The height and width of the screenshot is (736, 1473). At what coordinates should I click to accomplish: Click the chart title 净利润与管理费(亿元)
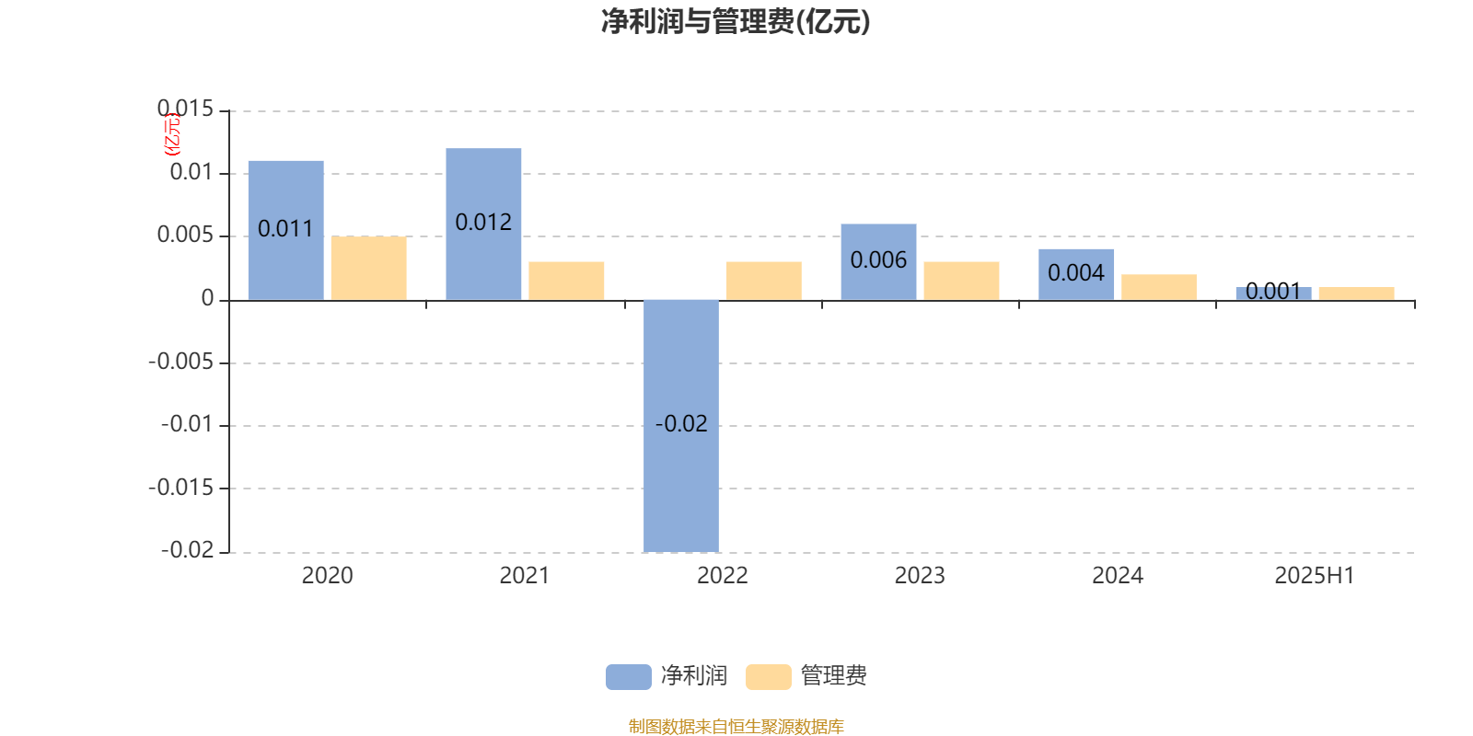[736, 21]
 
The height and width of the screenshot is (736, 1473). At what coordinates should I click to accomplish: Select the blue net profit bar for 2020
[286, 231]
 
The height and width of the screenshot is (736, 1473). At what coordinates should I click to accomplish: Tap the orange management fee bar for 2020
[369, 268]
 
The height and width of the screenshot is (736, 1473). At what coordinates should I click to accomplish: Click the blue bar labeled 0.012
[483, 224]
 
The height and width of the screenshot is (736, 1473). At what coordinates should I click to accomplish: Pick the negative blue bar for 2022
[681, 426]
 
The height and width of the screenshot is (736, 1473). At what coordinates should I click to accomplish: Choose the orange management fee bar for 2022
[764, 282]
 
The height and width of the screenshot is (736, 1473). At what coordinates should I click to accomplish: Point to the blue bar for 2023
[878, 262]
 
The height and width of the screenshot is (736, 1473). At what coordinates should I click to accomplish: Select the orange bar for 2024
[1159, 287]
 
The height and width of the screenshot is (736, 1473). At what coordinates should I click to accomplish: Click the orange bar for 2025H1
[1357, 293]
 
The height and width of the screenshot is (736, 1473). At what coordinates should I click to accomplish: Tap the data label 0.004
[1076, 272]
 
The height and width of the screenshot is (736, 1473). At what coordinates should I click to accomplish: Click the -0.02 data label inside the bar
[681, 424]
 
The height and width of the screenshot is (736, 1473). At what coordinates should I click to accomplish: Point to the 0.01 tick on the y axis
[191, 172]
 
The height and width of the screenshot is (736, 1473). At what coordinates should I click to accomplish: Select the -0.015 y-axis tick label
[180, 488]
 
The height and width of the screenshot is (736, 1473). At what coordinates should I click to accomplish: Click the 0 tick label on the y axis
[207, 298]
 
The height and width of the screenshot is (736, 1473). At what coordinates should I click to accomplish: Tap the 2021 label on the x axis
[524, 576]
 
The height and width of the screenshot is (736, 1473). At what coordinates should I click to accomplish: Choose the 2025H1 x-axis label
[1315, 576]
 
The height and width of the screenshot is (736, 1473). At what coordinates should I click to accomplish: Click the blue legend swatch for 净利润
[629, 677]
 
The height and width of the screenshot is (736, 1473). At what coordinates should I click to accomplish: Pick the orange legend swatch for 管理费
[768, 677]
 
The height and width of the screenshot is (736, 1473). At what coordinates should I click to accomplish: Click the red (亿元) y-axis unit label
[171, 134]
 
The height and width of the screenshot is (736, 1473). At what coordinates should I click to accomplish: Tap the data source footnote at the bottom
[736, 726]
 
